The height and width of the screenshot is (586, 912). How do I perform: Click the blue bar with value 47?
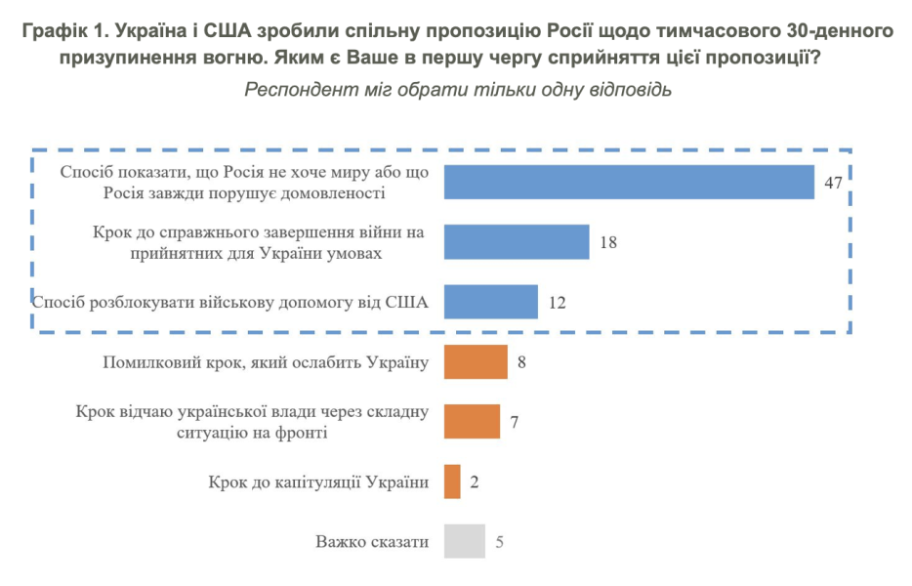coord(629,182)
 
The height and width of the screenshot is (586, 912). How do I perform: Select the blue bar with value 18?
coord(517,241)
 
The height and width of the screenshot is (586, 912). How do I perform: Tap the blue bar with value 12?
coord(491,302)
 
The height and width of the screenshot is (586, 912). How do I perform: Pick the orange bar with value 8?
coord(476,362)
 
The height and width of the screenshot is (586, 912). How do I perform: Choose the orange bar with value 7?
coord(472,422)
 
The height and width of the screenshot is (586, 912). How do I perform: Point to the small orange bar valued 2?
coord(452,481)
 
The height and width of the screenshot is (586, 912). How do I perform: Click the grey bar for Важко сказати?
coord(465,541)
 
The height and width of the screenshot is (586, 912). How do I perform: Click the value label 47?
coord(833,183)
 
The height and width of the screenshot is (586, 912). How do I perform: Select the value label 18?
coord(608,242)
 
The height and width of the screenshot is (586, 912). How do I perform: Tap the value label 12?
coord(558,303)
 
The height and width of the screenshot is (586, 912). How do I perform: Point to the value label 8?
coord(522,363)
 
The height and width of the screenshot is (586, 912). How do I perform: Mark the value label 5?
coord(499,542)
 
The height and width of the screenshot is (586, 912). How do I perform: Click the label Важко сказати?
coord(372,541)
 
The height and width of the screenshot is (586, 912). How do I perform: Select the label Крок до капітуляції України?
coord(318,481)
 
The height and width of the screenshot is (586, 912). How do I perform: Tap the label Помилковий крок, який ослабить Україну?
coord(266,362)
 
